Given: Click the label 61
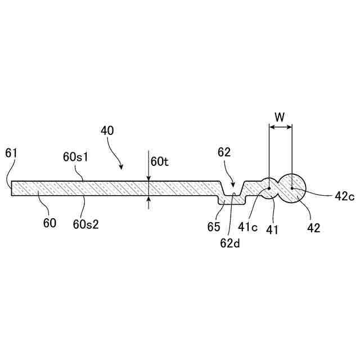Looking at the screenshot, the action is click(11, 152).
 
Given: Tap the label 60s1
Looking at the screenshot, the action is click(75, 156).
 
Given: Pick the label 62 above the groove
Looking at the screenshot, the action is click(224, 152).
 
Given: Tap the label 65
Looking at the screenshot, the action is click(213, 227).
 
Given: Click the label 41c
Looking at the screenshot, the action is click(248, 227).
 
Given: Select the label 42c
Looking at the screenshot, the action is click(344, 196).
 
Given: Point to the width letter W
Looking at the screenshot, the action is click(280, 117).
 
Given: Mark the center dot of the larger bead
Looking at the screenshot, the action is click(292, 188).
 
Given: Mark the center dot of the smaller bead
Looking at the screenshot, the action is click(269, 188).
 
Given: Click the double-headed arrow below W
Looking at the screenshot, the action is click(281, 128).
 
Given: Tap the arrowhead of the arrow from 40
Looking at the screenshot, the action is click(121, 168).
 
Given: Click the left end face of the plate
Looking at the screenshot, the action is click(12, 188).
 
